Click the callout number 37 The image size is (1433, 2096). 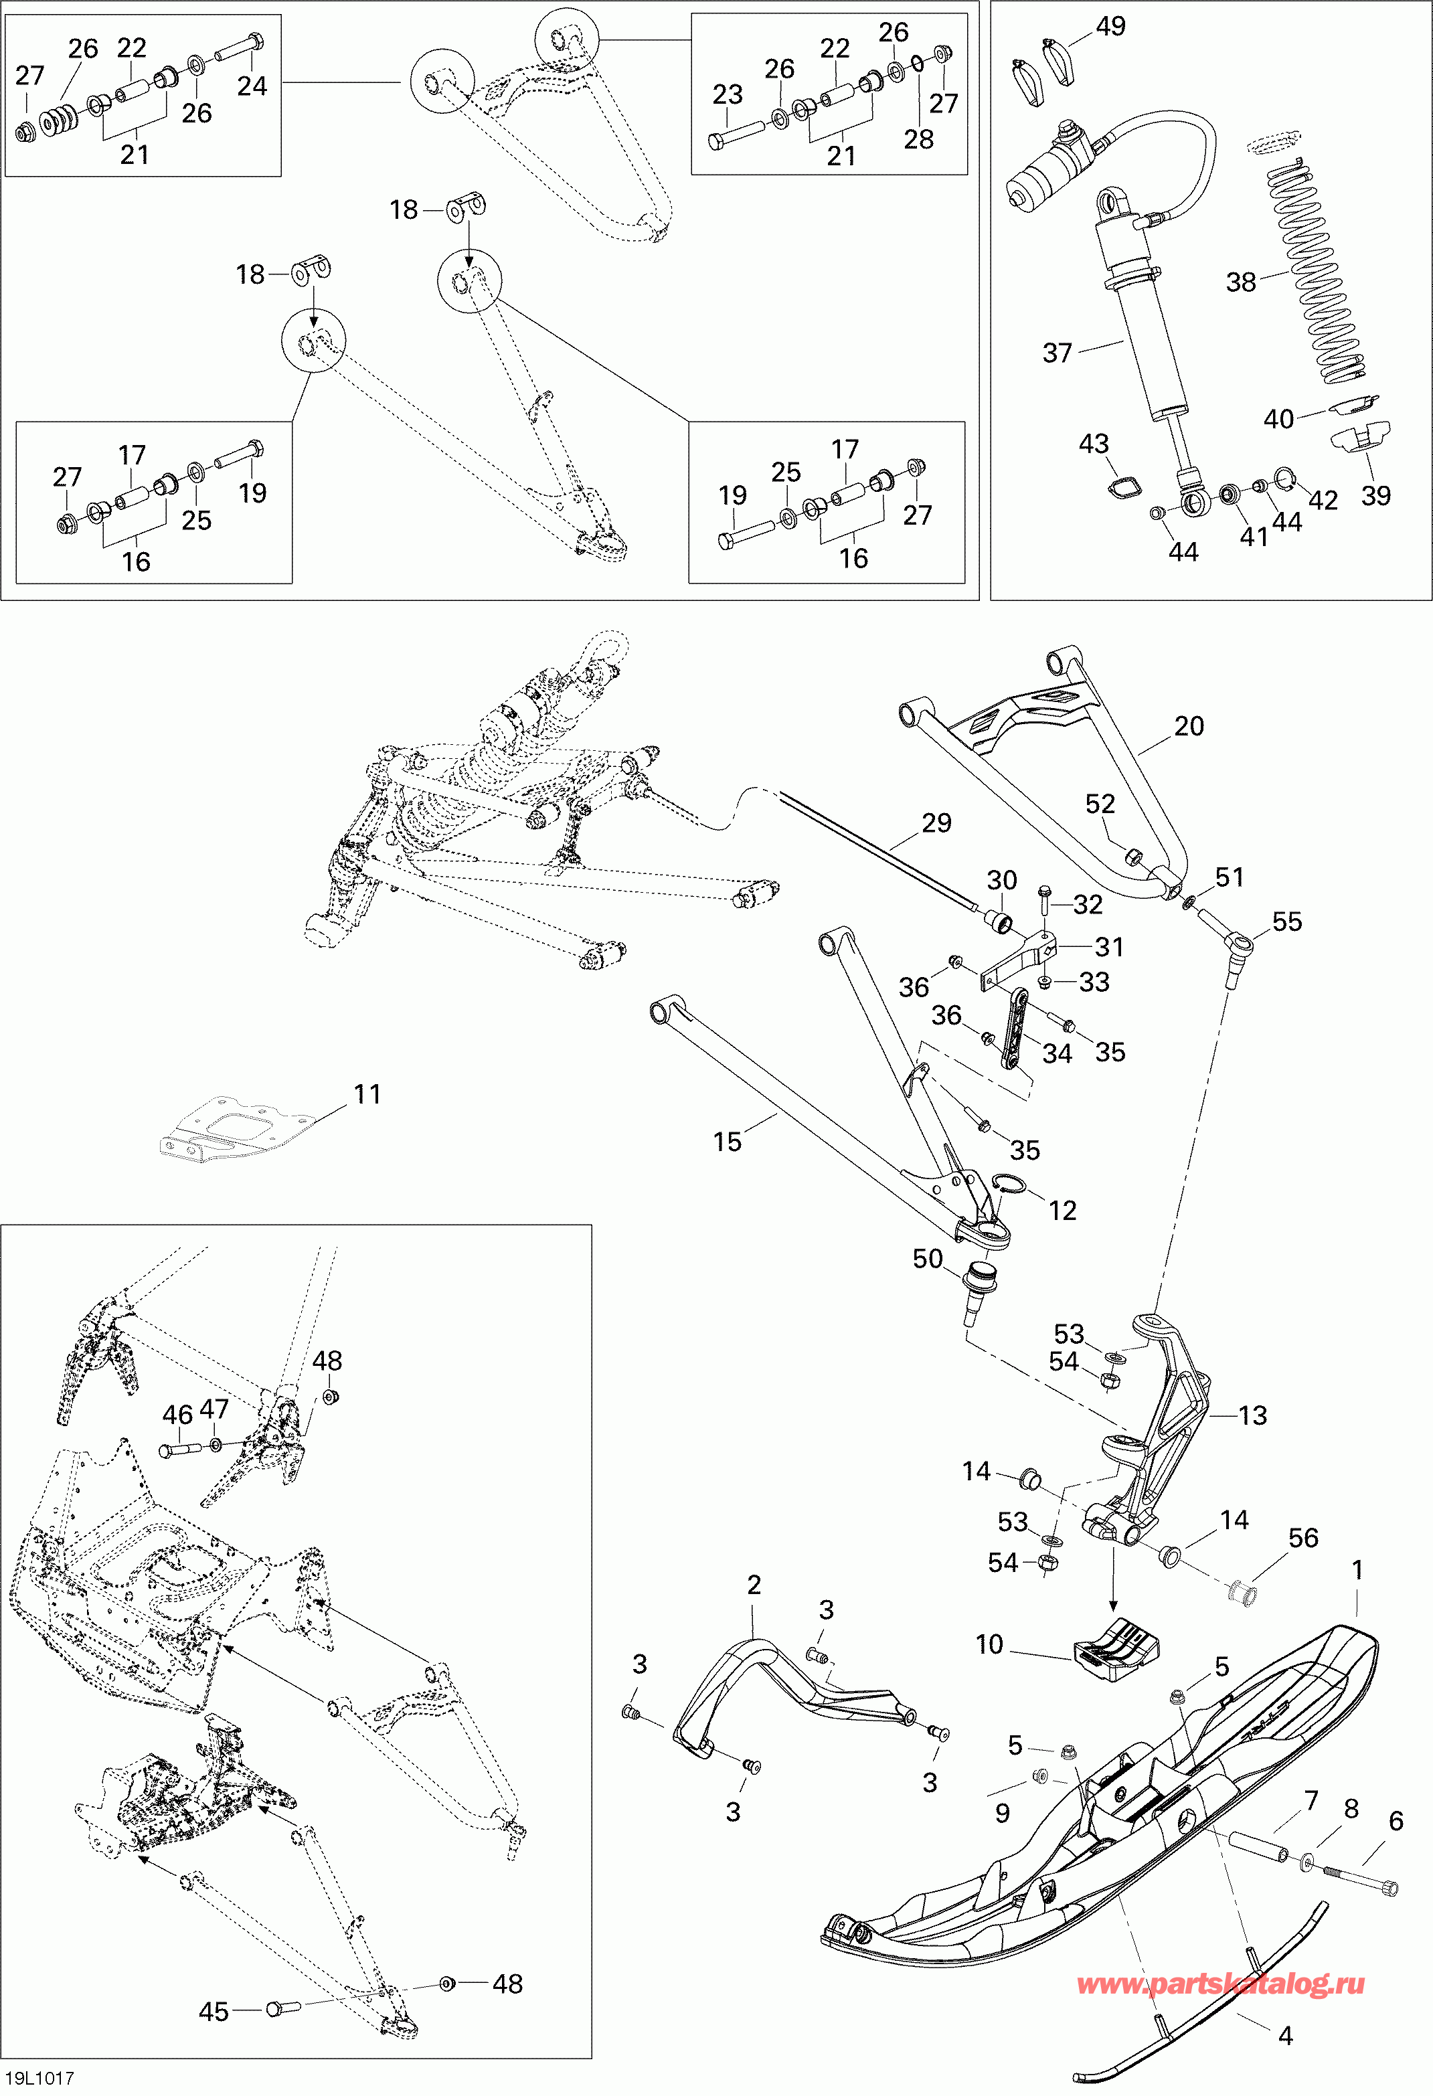[1057, 353]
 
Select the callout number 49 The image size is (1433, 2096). [1110, 26]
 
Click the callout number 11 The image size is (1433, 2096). [367, 1094]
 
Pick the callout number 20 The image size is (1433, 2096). [1189, 726]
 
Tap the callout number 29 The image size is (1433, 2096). [936, 822]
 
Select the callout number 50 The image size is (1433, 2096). [927, 1259]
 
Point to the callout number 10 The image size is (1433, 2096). [989, 1644]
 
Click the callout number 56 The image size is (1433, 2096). [1303, 1538]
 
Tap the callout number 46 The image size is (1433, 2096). [177, 1414]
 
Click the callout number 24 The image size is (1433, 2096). [252, 86]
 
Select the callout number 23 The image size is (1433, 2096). [727, 95]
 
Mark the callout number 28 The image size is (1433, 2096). [919, 139]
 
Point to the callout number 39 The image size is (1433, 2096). [1375, 495]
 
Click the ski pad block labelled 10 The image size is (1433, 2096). [1116, 1650]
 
